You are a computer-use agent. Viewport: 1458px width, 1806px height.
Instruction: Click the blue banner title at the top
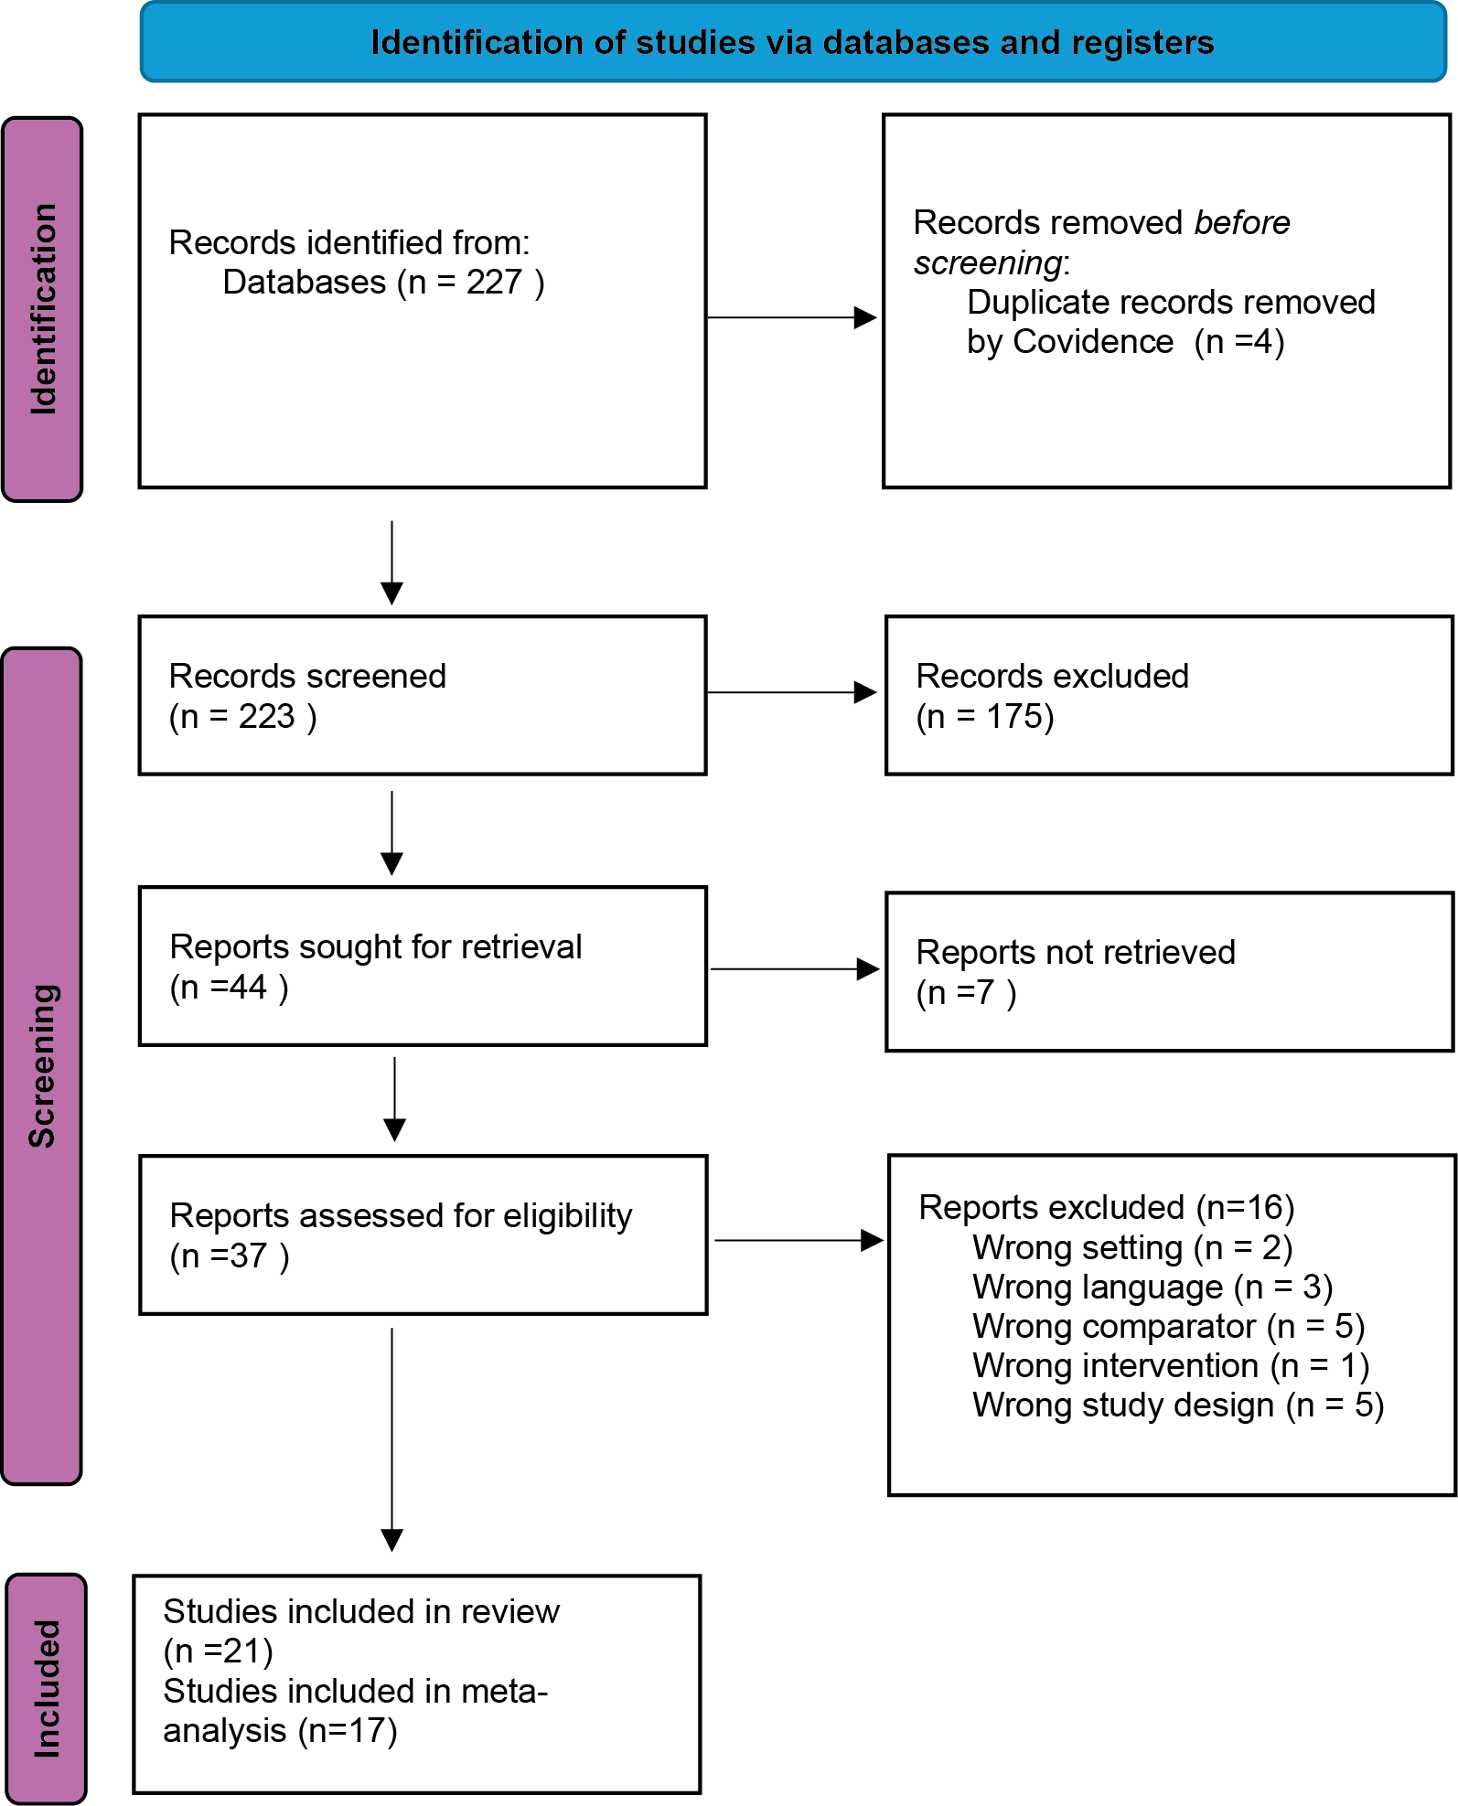(792, 42)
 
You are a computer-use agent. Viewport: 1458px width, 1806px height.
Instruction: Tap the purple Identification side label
(43, 309)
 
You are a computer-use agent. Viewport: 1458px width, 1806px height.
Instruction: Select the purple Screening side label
(42, 1065)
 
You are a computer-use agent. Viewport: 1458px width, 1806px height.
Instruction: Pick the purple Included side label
(47, 1688)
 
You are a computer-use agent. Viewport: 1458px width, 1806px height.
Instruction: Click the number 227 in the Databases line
(494, 283)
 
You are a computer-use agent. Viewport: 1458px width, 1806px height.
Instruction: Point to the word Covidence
(1093, 342)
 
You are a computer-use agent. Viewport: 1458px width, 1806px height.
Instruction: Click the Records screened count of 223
(266, 716)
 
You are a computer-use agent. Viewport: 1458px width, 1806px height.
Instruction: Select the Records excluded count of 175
(1013, 716)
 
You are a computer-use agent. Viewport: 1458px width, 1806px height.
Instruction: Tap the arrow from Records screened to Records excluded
(792, 692)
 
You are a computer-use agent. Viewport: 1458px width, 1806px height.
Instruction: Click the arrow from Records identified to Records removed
(792, 317)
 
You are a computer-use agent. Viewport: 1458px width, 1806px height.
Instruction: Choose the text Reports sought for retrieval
(376, 947)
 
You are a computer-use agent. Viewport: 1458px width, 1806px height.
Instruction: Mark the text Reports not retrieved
(1076, 953)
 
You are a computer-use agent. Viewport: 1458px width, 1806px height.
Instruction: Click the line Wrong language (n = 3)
(1152, 1288)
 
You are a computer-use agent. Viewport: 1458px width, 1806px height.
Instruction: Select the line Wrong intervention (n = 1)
(1171, 1366)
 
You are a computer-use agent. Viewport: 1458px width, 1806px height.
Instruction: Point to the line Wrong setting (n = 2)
(1132, 1248)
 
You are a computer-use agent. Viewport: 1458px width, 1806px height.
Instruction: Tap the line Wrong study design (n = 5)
(1178, 1405)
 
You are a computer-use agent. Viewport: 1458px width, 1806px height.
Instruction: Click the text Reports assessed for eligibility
(401, 1216)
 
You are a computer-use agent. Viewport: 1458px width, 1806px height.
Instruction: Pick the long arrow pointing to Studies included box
(391, 1439)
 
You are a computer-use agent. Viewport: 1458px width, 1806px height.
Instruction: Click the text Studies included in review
(361, 1612)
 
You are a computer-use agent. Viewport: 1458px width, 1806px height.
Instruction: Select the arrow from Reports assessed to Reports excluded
(799, 1240)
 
